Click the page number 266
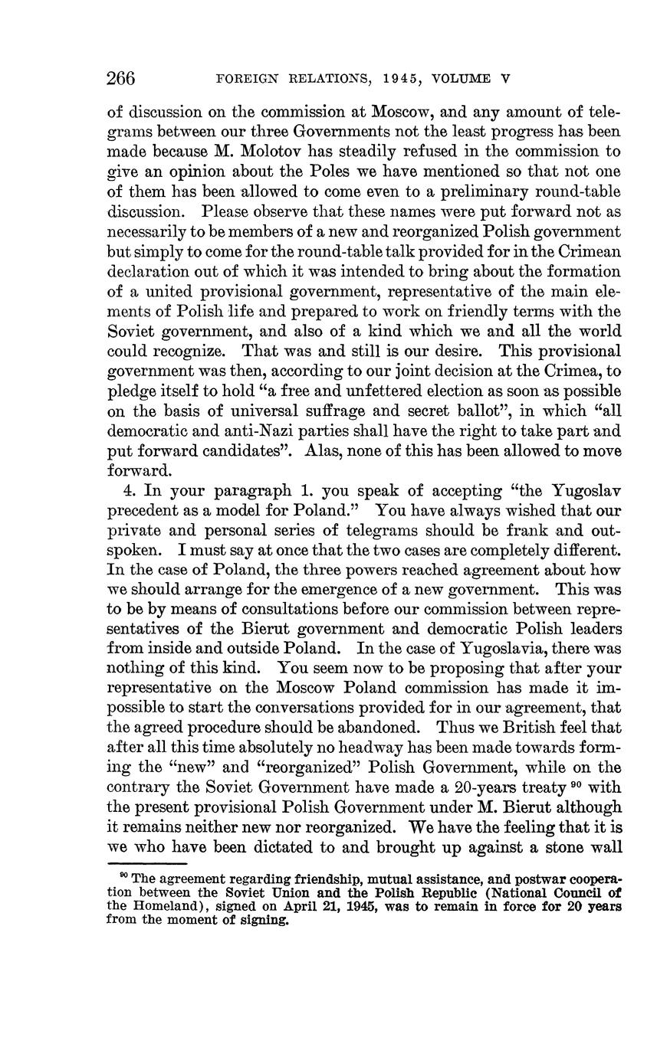point(121,78)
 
